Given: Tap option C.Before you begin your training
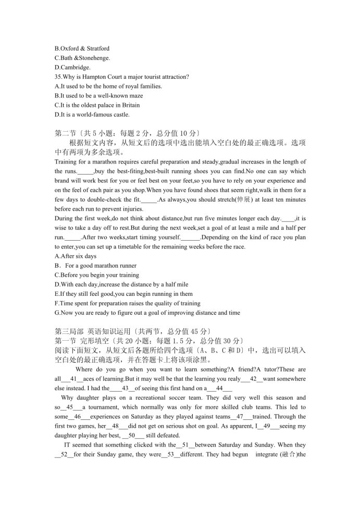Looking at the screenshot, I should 96,275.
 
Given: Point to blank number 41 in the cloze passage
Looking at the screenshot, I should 73,379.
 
